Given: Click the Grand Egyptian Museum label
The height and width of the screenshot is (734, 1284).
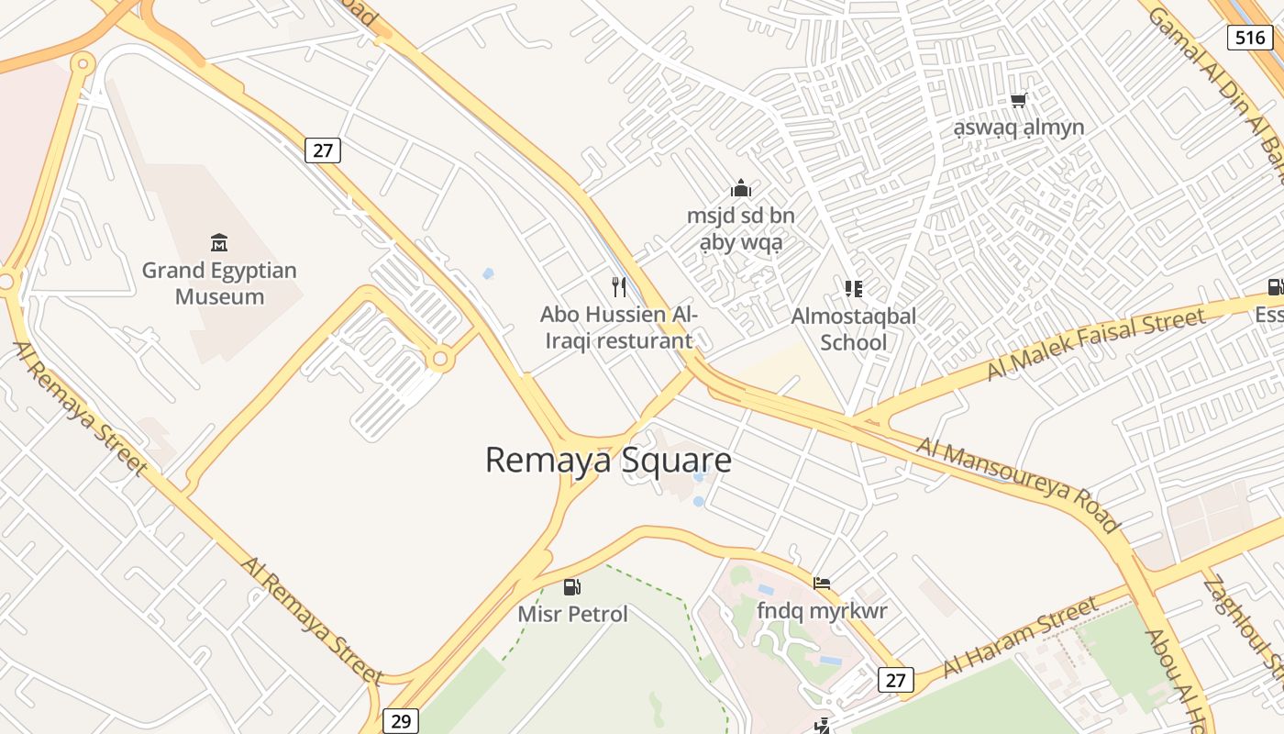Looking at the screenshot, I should pyautogui.click(x=219, y=284).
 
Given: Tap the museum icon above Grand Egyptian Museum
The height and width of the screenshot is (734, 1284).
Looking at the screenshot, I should pyautogui.click(x=219, y=243).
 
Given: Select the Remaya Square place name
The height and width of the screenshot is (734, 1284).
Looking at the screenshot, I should pyautogui.click(x=608, y=460).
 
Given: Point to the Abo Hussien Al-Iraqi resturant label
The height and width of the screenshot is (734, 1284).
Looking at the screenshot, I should pyautogui.click(x=618, y=328).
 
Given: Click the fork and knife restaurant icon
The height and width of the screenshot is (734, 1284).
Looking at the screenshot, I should pyautogui.click(x=619, y=287).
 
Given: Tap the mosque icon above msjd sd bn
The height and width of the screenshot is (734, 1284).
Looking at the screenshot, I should pyautogui.click(x=741, y=189).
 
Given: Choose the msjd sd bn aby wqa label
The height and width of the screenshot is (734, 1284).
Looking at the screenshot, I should pyautogui.click(x=741, y=229).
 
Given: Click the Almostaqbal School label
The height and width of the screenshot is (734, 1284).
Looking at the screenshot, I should pyautogui.click(x=853, y=329).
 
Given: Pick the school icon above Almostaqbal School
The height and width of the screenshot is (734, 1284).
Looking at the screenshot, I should pyautogui.click(x=854, y=289).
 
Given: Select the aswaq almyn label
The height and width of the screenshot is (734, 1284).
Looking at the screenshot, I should pyautogui.click(x=1018, y=128).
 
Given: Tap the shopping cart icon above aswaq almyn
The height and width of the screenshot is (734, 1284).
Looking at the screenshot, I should pyautogui.click(x=1018, y=100).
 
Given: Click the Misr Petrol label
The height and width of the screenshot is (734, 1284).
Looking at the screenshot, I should pyautogui.click(x=572, y=614).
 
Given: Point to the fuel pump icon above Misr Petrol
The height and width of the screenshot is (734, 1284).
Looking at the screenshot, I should pyautogui.click(x=572, y=586).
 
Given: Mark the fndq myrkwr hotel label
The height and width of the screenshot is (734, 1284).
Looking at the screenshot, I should pyautogui.click(x=822, y=610).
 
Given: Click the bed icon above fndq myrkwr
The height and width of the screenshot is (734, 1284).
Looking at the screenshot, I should pyautogui.click(x=822, y=583).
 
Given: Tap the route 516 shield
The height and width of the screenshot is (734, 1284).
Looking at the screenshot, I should pyautogui.click(x=1250, y=38).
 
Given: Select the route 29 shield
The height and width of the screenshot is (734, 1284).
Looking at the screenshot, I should pyautogui.click(x=401, y=721).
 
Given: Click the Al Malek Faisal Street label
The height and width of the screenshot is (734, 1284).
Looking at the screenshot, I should pyautogui.click(x=1095, y=344).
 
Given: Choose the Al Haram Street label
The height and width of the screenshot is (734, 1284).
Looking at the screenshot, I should pyautogui.click(x=1020, y=636).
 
